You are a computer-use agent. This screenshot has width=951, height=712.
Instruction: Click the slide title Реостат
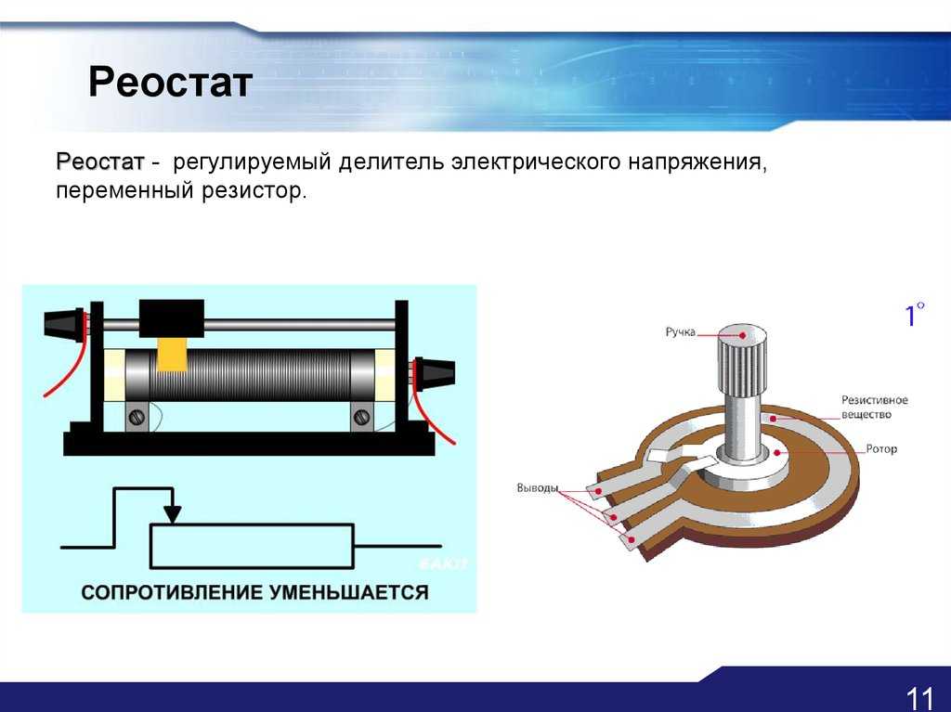pyautogui.click(x=170, y=82)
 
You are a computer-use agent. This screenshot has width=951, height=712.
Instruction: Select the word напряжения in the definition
pyautogui.click(x=697, y=163)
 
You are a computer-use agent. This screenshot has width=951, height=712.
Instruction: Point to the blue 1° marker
pyautogui.click(x=915, y=314)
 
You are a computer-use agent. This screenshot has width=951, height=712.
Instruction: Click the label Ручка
pyautogui.click(x=681, y=331)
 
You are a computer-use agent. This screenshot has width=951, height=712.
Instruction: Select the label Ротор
pyautogui.click(x=881, y=448)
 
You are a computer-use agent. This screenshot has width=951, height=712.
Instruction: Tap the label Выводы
pyautogui.click(x=538, y=488)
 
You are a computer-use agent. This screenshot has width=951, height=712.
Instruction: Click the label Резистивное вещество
pyautogui.click(x=874, y=407)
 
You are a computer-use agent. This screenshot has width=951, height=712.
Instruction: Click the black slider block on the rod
pyautogui.click(x=172, y=318)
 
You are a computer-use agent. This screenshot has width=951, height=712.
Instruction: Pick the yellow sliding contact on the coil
pyautogui.click(x=172, y=355)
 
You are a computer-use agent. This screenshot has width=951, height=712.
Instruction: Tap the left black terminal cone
pyautogui.click(x=64, y=323)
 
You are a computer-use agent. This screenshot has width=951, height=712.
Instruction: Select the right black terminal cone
pyautogui.click(x=435, y=372)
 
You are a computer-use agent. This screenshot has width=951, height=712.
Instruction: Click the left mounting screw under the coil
pyautogui.click(x=137, y=417)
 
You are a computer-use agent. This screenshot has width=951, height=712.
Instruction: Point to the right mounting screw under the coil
pyautogui.click(x=361, y=417)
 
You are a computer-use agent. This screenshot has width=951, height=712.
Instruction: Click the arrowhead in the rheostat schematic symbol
pyautogui.click(x=173, y=513)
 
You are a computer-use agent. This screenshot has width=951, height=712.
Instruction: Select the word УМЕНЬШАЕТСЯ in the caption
pyautogui.click(x=349, y=592)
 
